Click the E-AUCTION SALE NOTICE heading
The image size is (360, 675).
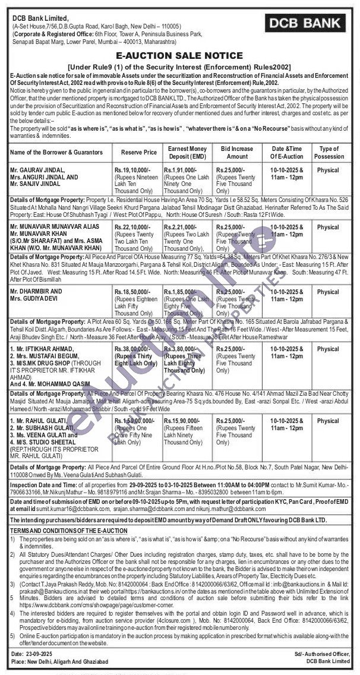tap(179, 55)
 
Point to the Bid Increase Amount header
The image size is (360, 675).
tap(238, 152)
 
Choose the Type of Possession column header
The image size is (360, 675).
tap(328, 152)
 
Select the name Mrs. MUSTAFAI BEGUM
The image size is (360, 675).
tap(46, 357)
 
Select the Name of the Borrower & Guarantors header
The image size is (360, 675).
tap(57, 152)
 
